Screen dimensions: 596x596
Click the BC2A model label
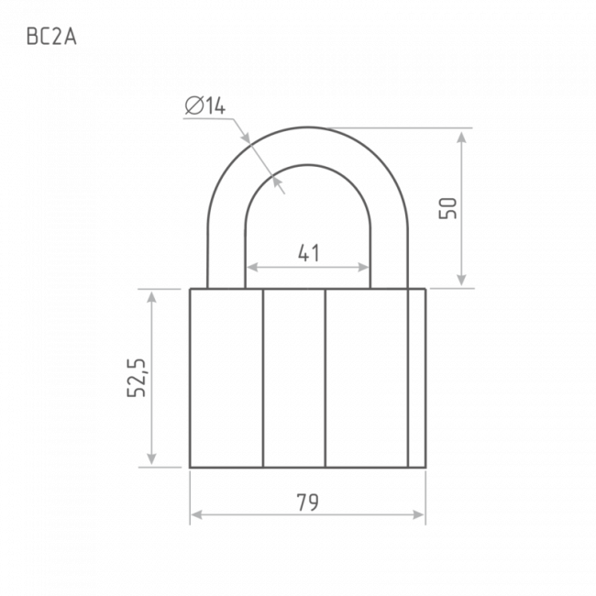[51, 37]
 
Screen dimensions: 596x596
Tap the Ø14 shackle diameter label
[205, 105]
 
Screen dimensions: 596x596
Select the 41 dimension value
[309, 253]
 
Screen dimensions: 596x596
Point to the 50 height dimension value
[447, 208]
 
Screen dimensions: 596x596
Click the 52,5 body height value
[136, 378]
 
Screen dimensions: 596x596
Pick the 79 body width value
[307, 502]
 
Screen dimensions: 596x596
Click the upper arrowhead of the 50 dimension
[461, 138]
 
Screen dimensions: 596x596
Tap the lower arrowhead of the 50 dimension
[461, 279]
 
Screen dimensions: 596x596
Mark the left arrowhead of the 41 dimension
[253, 268]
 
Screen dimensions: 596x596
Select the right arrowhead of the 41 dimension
[363, 268]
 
